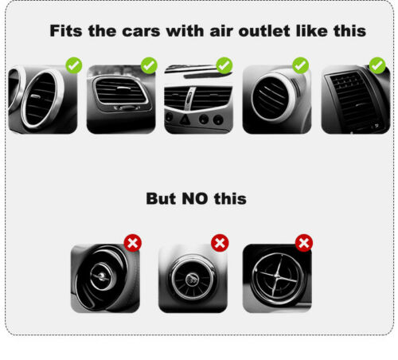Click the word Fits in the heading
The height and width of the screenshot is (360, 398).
(x=66, y=31)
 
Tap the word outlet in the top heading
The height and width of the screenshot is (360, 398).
(x=264, y=31)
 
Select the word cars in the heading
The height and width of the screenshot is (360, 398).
(x=141, y=31)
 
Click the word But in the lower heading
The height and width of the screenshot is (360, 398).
(x=161, y=198)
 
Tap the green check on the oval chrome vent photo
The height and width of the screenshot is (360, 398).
(x=74, y=65)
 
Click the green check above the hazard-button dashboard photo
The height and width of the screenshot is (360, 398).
(x=224, y=65)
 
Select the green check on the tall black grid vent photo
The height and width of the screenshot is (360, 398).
(x=377, y=65)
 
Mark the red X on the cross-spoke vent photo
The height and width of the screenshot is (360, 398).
(x=304, y=243)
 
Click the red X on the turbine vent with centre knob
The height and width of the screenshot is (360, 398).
(x=220, y=243)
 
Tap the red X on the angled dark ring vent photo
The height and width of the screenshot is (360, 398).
(x=133, y=243)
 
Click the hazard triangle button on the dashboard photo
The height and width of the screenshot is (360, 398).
(x=185, y=119)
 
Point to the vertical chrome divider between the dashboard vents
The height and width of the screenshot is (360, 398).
(x=189, y=98)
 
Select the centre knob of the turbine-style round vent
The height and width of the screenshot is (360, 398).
(x=193, y=279)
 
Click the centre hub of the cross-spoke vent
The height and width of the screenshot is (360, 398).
(x=276, y=276)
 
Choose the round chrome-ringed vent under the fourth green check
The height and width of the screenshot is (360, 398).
(x=273, y=97)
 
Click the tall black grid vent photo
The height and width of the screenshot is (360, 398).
(x=356, y=100)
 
